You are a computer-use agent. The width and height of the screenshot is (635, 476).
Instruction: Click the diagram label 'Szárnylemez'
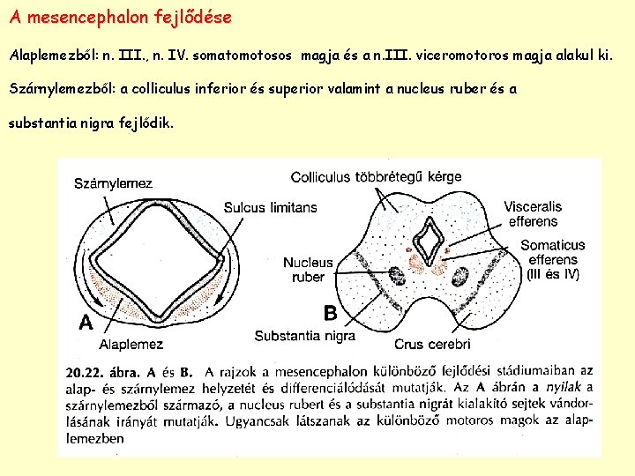(113, 183)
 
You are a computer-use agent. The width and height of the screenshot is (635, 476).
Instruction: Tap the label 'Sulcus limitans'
(270, 207)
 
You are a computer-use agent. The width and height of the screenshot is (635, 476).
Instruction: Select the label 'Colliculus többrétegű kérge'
(376, 176)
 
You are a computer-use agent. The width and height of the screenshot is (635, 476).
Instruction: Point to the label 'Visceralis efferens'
(533, 213)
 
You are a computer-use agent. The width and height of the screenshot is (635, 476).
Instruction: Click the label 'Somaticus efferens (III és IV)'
(552, 259)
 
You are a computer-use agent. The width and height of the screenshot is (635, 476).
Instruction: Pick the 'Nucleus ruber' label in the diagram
(308, 270)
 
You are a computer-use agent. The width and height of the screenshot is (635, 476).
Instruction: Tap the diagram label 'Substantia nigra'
(304, 336)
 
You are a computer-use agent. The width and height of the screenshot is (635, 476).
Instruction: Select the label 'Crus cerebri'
(432, 344)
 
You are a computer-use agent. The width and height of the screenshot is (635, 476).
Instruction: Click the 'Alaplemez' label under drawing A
(130, 344)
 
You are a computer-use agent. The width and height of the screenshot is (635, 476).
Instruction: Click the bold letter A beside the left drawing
(86, 323)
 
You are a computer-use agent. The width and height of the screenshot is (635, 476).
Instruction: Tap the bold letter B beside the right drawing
(330, 312)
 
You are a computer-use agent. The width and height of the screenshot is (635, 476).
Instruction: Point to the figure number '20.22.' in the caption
(86, 373)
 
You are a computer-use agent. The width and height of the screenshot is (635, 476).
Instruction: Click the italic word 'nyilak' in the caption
(564, 388)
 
